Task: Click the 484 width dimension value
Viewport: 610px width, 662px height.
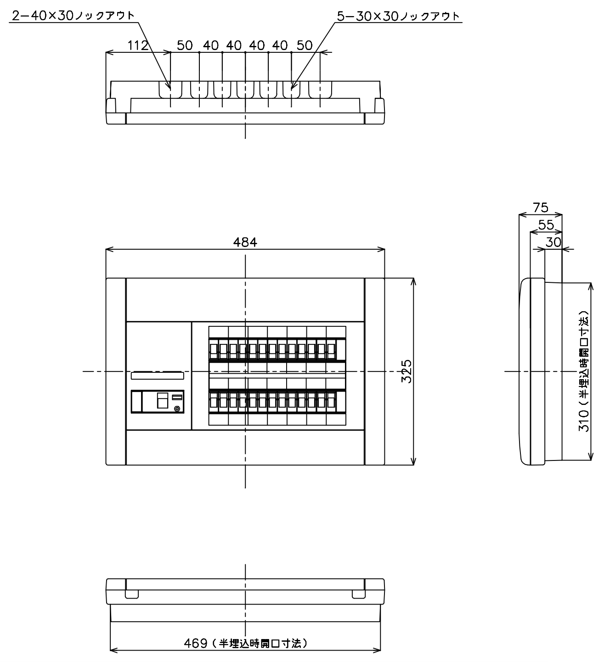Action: (245, 242)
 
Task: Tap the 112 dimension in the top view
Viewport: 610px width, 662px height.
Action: (138, 45)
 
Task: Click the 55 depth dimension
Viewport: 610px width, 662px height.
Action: (546, 225)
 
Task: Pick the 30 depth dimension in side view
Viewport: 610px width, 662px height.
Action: (553, 242)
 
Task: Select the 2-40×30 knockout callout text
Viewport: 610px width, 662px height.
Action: (73, 16)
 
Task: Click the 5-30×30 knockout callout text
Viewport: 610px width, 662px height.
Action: (398, 16)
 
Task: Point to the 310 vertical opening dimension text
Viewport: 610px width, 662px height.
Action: (584, 371)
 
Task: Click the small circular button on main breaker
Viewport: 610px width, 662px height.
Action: (177, 409)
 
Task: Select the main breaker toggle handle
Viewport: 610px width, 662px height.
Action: (163, 400)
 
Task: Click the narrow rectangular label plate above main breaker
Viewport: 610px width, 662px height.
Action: (157, 376)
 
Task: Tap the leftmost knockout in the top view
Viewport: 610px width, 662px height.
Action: (170, 90)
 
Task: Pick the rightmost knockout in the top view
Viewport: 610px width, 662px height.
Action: (320, 90)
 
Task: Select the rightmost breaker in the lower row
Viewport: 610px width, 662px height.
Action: (331, 402)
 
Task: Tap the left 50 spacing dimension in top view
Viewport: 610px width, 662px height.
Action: (185, 45)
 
